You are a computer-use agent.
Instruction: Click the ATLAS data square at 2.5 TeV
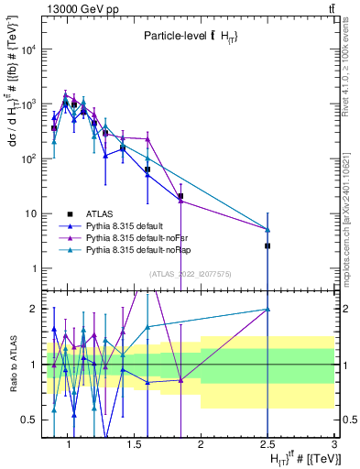[267, 245]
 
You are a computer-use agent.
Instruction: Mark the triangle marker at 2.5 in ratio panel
[267, 310]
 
